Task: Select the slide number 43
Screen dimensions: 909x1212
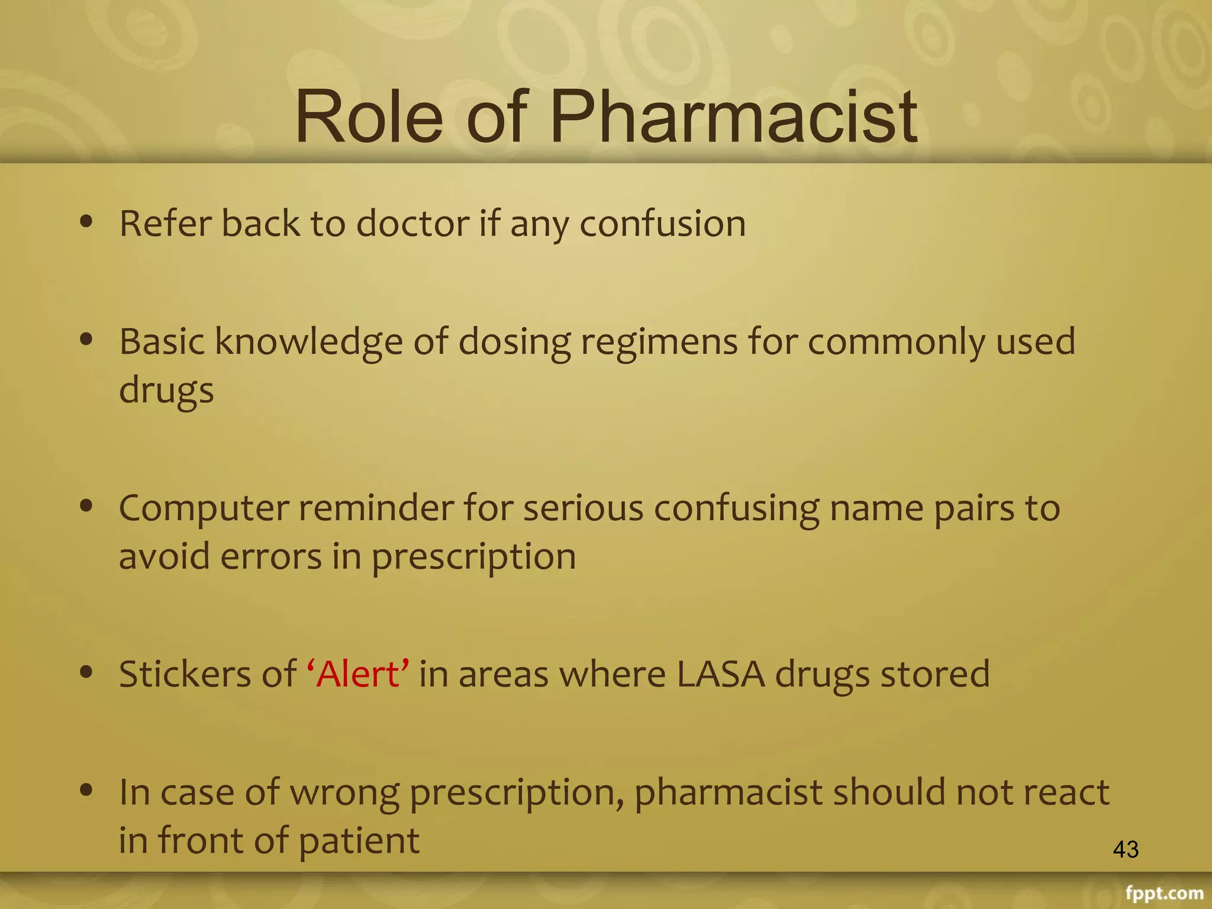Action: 1126,849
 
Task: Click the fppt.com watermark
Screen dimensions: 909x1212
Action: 1164,892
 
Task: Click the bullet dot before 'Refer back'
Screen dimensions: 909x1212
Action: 87,221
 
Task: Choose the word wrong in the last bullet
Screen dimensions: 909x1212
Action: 344,793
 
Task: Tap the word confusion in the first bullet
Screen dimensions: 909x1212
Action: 662,224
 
